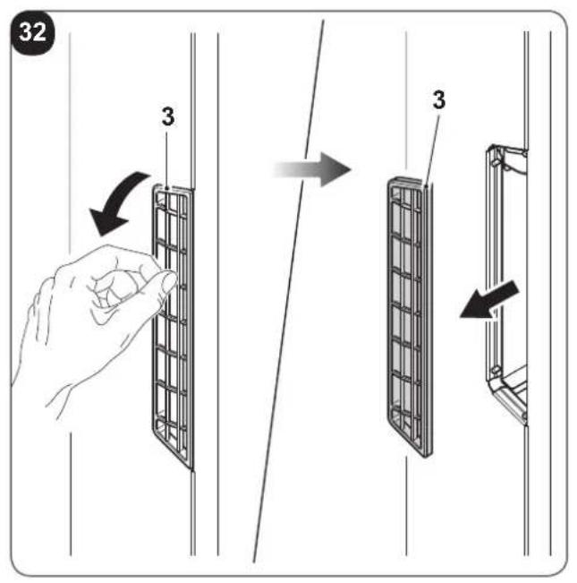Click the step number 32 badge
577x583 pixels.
33,33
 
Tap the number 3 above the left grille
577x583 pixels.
168,116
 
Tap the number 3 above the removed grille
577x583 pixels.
439,99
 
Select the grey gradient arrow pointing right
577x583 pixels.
311,169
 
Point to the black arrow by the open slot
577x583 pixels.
488,300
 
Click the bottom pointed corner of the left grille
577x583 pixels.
191,468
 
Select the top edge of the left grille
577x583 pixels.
173,188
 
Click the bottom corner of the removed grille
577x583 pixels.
426,456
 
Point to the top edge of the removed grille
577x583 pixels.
406,181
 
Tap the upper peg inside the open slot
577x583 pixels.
494,162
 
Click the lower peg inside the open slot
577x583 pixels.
495,371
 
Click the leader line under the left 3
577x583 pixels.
166,159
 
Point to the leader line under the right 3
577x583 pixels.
433,150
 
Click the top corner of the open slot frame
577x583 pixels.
492,147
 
